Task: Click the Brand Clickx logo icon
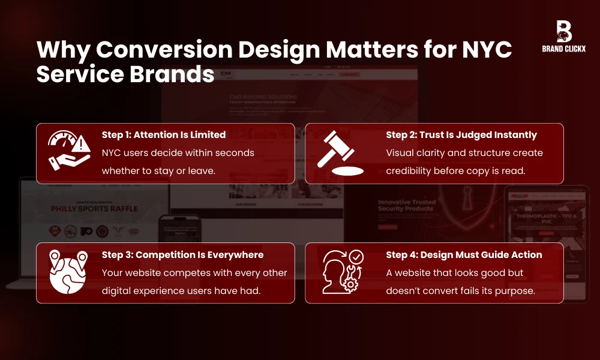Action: [x=563, y=31]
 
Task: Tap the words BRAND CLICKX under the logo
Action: [x=563, y=49]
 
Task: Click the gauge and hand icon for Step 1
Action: [x=68, y=153]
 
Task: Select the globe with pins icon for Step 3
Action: [x=68, y=273]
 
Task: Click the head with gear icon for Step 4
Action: [x=341, y=273]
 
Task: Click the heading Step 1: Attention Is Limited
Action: [x=163, y=135]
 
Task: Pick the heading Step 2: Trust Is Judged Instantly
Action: [x=461, y=135]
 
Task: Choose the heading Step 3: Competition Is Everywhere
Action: [x=182, y=255]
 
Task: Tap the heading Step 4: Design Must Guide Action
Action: [x=464, y=255]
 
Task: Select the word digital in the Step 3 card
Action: [x=118, y=290]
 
